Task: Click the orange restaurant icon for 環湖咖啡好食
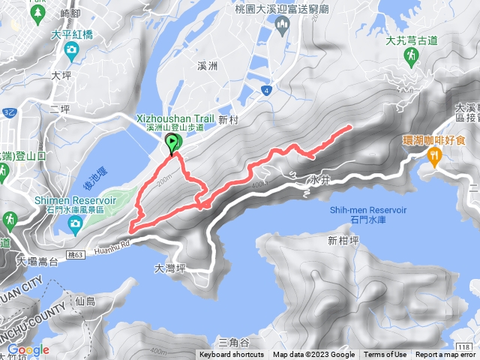(x=434, y=154)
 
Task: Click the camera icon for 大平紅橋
(x=71, y=50)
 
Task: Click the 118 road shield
(x=465, y=346)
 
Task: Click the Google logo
(x=28, y=349)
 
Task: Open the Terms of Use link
(x=385, y=355)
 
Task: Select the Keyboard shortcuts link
(x=232, y=355)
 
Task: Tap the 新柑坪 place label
(x=344, y=241)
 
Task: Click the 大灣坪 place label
(x=169, y=267)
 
